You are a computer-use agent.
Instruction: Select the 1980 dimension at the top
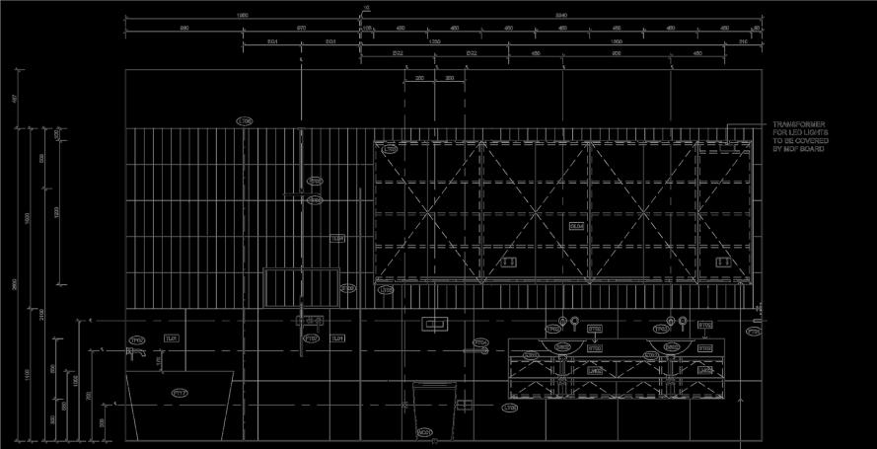pyautogui.click(x=241, y=16)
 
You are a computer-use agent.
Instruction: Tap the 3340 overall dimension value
pyautogui.click(x=561, y=16)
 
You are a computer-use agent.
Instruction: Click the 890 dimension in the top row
pyautogui.click(x=183, y=29)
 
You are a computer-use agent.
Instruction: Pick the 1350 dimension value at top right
pyautogui.click(x=616, y=41)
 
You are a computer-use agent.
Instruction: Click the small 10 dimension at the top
pyautogui.click(x=366, y=8)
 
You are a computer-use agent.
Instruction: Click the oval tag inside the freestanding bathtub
pyautogui.click(x=180, y=393)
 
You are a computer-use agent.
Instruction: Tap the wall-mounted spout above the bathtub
pyautogui.click(x=141, y=351)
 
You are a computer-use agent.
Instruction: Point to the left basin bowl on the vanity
pyautogui.click(x=561, y=346)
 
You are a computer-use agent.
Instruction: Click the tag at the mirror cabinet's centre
pyautogui.click(x=576, y=226)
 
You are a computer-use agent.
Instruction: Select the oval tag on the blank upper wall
pyautogui.click(x=245, y=120)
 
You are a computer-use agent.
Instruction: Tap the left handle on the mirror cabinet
pyautogui.click(x=509, y=262)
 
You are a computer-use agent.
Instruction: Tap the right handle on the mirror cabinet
pyautogui.click(x=721, y=262)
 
